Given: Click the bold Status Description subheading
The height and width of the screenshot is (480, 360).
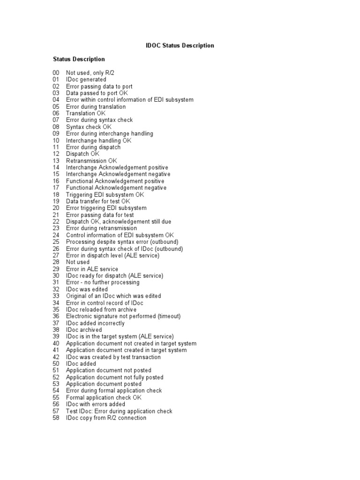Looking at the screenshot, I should [79, 59].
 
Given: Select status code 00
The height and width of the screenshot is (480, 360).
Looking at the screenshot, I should [56, 73].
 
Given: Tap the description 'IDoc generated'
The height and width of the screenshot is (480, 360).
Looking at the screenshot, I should [86, 80].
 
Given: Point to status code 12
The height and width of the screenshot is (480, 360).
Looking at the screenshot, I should [56, 154].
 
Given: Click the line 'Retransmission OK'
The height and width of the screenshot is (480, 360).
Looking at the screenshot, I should [91, 161].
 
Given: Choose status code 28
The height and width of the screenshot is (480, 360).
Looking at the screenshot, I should [56, 262].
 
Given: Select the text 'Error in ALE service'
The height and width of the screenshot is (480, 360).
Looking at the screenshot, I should [92, 269].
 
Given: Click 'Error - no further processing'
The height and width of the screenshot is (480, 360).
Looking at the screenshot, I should [103, 283].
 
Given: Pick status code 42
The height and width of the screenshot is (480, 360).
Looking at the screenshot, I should [56, 357].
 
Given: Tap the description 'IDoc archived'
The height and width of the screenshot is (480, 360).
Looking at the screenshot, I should [84, 330].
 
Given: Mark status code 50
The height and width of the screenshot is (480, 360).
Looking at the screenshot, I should [56, 364].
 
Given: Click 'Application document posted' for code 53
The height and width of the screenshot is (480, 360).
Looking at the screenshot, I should [104, 384].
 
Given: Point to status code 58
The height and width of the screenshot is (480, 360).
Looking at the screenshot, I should [56, 418].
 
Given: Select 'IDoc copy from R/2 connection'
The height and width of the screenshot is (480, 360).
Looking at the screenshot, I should [106, 418].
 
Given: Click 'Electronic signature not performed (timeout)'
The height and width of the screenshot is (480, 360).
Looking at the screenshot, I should [123, 316].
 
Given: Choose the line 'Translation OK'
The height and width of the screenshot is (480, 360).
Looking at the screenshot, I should [86, 113].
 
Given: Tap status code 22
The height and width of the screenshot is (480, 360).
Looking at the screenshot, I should [56, 221].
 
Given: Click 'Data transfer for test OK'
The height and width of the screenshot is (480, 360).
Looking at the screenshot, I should [98, 201].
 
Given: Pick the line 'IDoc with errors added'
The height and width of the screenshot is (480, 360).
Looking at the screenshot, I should [96, 404].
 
